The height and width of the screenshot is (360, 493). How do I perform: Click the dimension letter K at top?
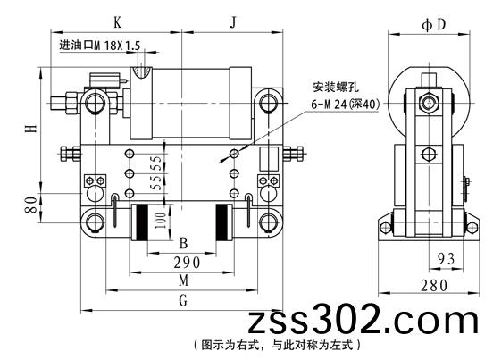117,22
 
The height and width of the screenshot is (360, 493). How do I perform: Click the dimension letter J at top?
233,22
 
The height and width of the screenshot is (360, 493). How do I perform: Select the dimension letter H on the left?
31,129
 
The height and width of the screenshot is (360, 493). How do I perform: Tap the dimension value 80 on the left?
31,205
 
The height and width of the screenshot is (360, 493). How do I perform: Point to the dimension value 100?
161,221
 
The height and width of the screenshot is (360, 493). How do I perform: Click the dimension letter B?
183,243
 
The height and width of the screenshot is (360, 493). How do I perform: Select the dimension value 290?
187,263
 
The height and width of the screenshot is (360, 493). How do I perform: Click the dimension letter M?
184,280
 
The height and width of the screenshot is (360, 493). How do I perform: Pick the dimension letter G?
183,300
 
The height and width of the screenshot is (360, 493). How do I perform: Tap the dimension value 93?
447,259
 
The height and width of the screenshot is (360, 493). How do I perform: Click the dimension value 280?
434,286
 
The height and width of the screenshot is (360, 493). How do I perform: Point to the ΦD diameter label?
434,24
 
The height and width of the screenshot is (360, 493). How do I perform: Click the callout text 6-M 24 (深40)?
346,104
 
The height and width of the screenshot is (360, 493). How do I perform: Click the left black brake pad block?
142,222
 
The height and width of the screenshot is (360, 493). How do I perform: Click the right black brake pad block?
221,222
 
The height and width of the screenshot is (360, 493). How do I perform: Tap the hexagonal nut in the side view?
428,103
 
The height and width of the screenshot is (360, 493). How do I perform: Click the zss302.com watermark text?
363,321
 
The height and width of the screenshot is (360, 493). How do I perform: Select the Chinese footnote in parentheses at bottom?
277,345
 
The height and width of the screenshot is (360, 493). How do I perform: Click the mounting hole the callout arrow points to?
234,154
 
